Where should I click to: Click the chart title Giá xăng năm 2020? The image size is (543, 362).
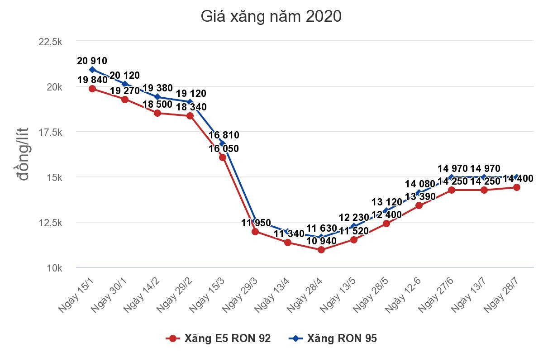271,17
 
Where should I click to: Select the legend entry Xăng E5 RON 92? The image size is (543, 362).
219,338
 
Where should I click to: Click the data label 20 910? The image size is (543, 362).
92,61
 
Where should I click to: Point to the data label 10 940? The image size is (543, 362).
321,241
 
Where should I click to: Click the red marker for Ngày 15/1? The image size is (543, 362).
92,89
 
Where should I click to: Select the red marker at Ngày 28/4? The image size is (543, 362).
321,249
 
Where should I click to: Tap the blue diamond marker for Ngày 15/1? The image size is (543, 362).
92,70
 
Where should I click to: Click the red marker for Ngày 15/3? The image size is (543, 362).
223,157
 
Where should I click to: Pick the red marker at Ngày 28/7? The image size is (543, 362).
517,187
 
